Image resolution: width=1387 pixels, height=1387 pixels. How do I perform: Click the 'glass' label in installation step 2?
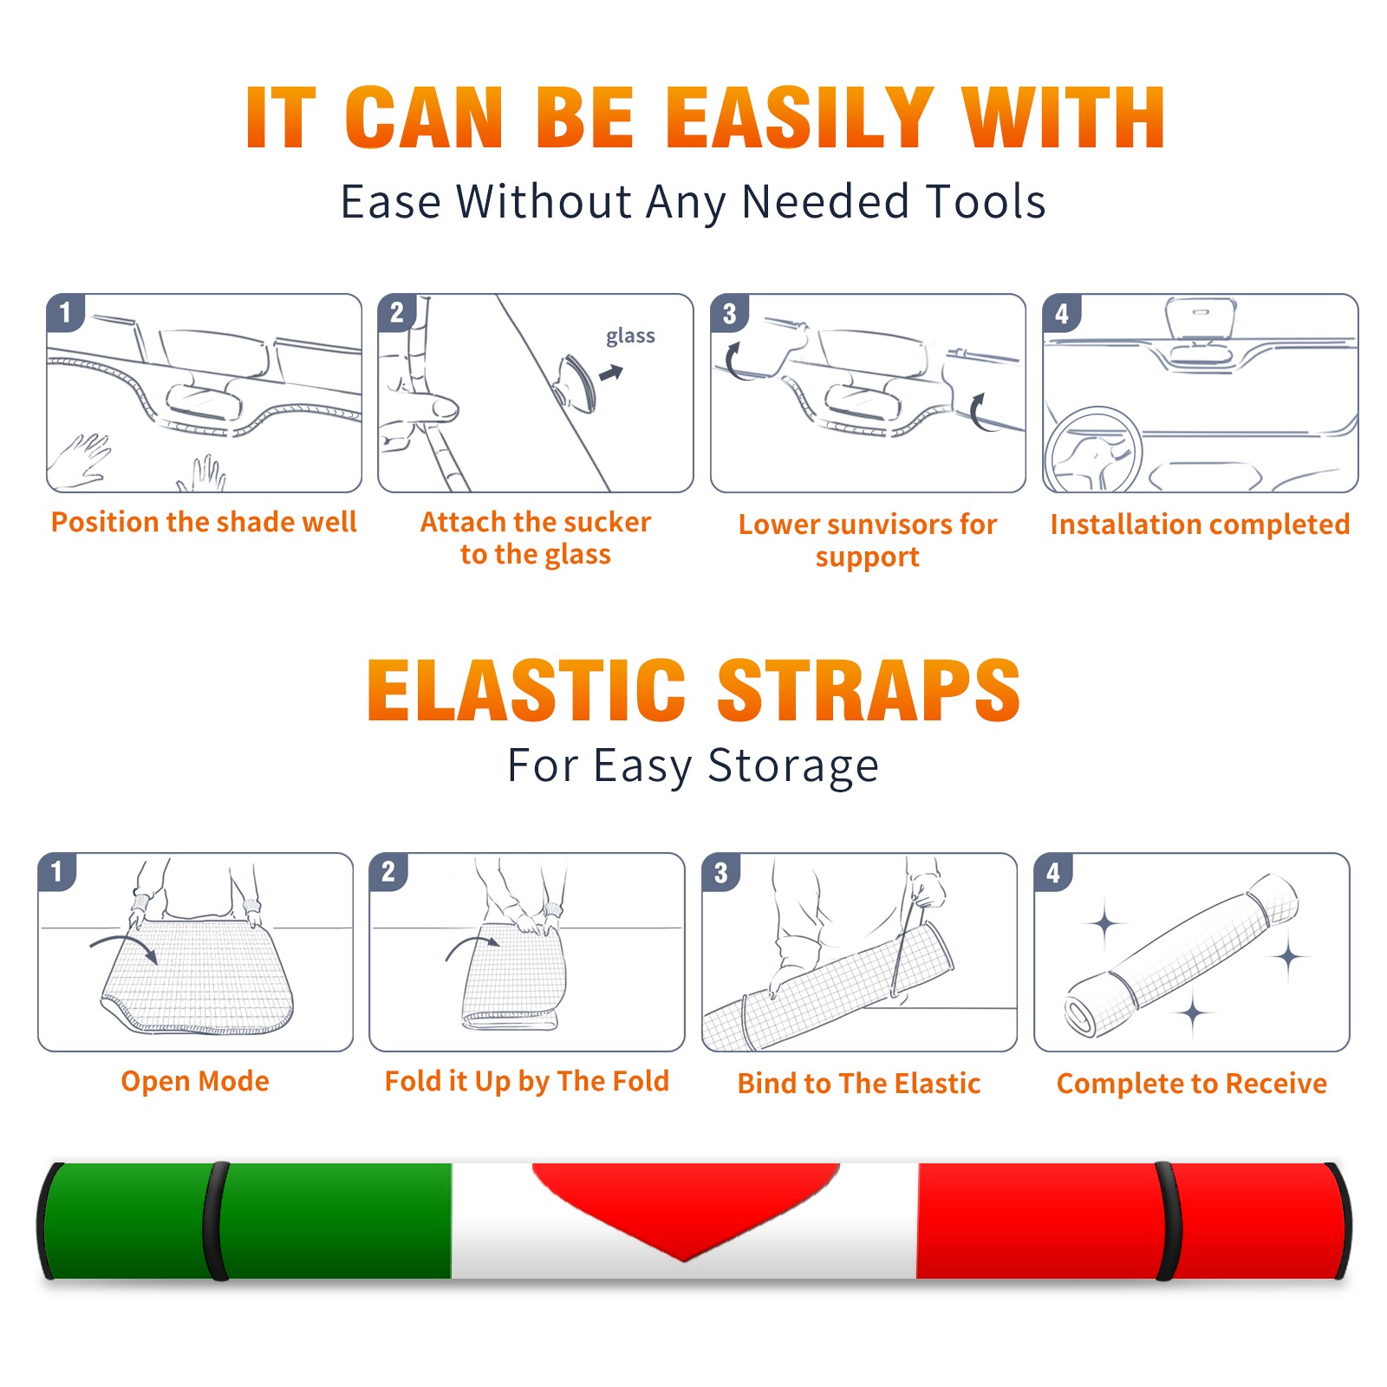630,336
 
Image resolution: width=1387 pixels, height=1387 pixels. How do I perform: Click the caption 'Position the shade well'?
204,522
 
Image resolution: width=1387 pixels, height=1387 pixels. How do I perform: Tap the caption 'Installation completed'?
1200,524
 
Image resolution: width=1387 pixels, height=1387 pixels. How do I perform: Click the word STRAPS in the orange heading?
869,690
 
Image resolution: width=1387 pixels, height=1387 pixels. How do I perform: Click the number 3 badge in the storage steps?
721,873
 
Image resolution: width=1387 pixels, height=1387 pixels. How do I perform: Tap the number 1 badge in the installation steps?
66,313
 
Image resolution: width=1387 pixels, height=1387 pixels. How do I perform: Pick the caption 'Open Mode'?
195,1081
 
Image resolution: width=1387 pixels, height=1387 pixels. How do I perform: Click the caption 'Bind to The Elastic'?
859,1084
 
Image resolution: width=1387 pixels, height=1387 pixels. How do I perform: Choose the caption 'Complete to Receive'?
1192,1084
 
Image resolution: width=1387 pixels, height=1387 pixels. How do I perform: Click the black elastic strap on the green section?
215,1221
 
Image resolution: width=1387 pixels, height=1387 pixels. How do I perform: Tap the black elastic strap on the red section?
1169,1221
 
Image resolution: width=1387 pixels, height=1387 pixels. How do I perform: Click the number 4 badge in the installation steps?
1062,313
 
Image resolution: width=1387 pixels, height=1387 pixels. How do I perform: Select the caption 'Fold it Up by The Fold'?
527,1081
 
